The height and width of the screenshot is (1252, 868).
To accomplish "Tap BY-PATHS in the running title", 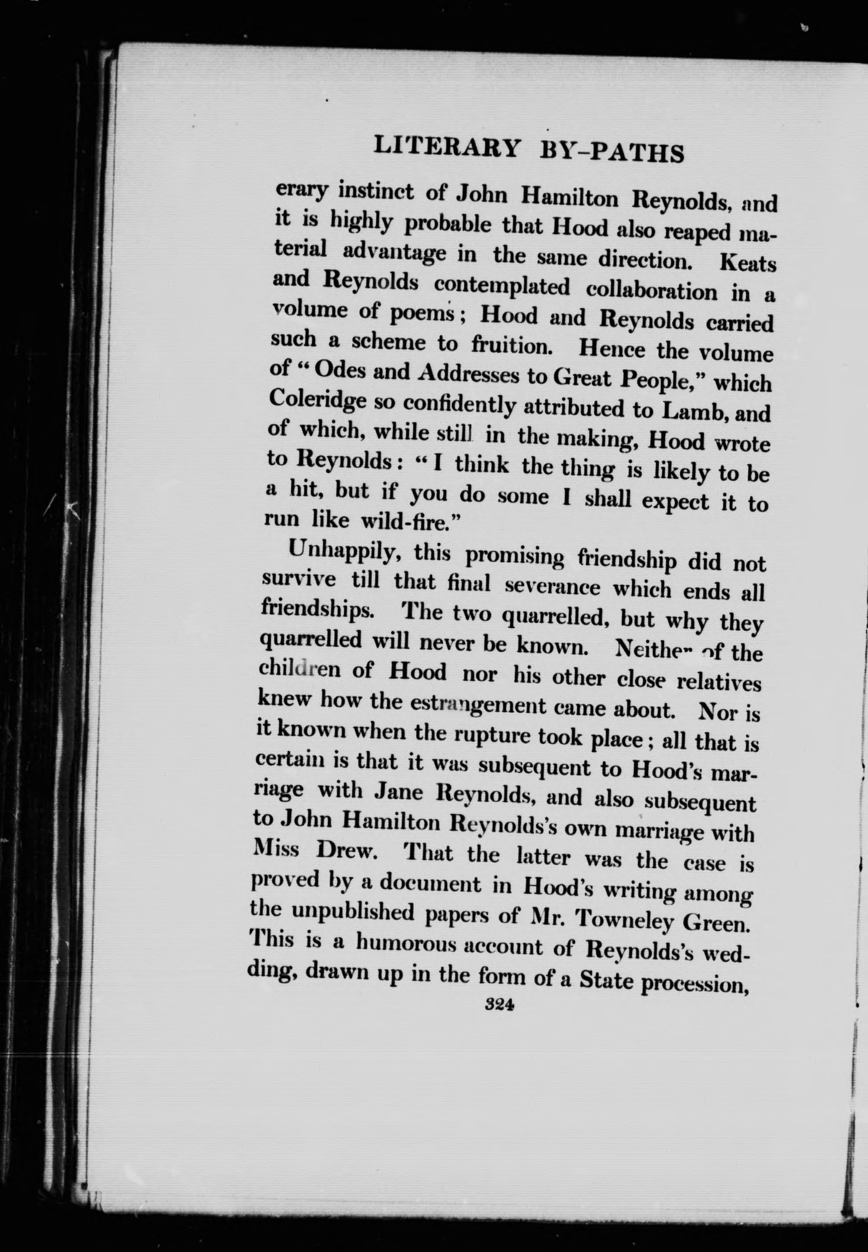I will click(x=611, y=153).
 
